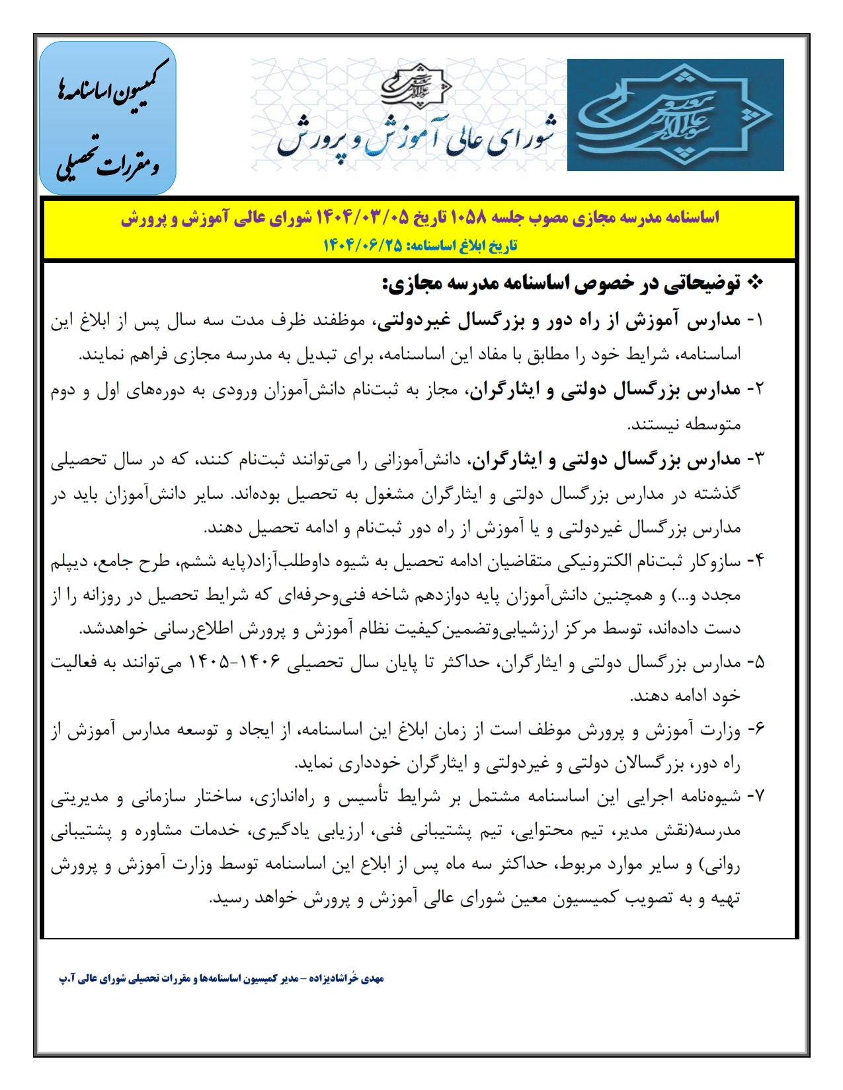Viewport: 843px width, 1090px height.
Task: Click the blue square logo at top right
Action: (x=675, y=115)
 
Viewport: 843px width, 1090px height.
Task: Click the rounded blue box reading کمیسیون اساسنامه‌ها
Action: (x=108, y=118)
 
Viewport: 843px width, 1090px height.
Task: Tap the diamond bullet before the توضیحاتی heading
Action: (x=754, y=284)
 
